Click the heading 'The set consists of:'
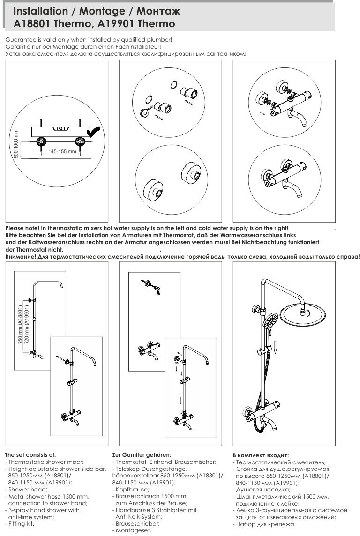click(x=30, y=454)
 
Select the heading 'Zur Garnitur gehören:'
click(x=141, y=454)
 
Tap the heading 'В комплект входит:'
click(x=261, y=455)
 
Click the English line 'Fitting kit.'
click(x=21, y=523)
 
